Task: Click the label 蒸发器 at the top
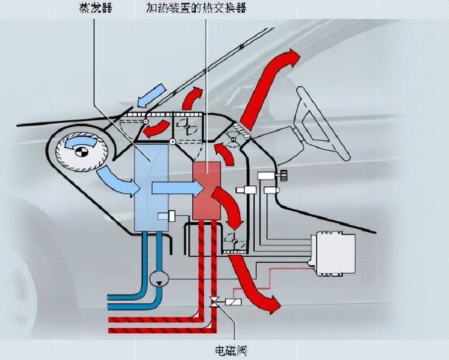point(94,9)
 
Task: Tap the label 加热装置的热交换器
point(196,9)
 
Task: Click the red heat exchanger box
point(206,191)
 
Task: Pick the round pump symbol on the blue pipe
point(159,279)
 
